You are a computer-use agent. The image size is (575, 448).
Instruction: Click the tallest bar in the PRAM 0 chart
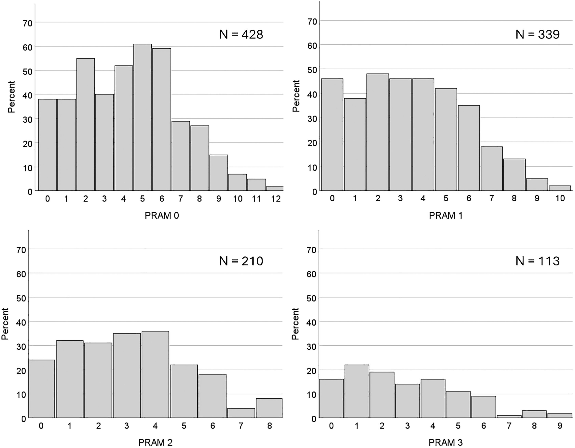143,117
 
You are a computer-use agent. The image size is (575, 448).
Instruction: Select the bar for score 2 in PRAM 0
86,124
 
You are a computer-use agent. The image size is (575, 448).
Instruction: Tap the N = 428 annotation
241,35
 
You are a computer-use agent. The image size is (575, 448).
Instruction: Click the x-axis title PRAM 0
162,215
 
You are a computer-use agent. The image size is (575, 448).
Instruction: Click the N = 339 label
537,35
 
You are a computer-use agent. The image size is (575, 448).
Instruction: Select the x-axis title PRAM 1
446,215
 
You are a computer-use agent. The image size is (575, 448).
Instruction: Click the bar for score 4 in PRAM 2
155,374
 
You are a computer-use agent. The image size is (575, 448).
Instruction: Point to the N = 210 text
241,261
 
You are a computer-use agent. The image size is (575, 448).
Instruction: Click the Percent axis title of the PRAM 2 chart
5,324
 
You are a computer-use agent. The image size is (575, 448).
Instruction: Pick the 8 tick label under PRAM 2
269,426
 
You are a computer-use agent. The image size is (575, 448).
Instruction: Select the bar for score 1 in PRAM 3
357,391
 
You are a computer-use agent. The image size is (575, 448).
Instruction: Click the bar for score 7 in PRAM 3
509,417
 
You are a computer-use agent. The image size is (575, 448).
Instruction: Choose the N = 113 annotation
537,261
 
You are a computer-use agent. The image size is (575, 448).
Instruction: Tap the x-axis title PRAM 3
445,442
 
